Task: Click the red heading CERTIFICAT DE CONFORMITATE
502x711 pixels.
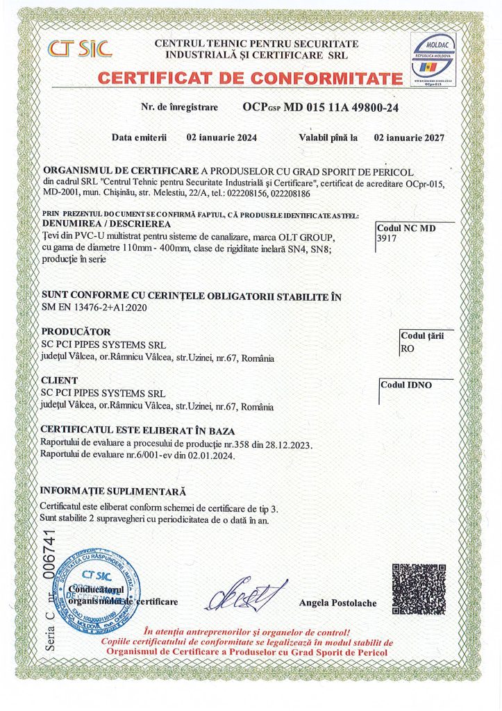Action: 250,78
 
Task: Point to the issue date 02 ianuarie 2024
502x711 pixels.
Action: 222,137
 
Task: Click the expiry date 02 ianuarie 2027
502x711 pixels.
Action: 410,137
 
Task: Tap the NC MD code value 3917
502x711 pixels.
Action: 385,237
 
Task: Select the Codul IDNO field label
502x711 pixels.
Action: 406,385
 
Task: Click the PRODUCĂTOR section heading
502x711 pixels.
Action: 76,331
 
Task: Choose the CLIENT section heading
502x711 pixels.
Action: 60,380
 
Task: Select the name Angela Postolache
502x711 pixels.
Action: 337,603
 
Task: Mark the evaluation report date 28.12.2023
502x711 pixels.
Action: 289,444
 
